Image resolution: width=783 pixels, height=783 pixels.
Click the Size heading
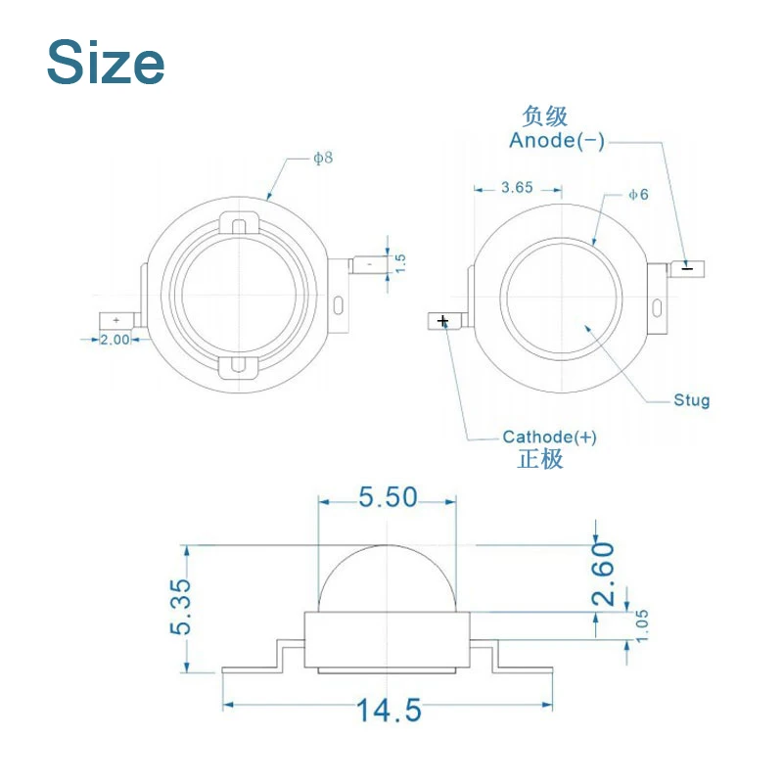[x=106, y=63]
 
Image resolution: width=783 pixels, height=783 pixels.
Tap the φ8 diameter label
[x=323, y=159]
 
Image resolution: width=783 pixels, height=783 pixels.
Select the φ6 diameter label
[x=639, y=194]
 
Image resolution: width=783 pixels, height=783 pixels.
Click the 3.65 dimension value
[x=518, y=188]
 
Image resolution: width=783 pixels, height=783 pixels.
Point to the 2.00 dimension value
[x=115, y=340]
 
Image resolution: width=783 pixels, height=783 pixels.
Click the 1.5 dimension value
[x=400, y=263]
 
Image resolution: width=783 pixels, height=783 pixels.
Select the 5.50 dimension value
[x=388, y=497]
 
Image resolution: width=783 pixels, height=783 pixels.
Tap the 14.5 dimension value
[x=389, y=711]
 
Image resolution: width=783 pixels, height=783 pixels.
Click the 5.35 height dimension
[x=181, y=607]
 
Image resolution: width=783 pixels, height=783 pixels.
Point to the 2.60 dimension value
[x=603, y=574]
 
